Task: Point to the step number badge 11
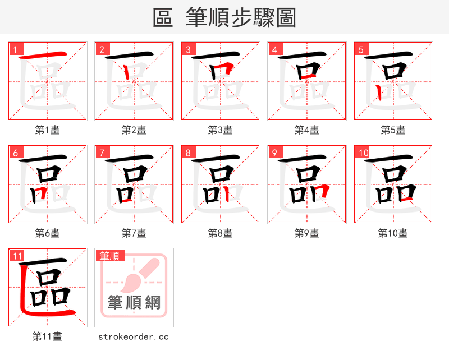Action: (17, 256)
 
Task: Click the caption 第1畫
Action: (48, 130)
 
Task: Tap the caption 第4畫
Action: (307, 130)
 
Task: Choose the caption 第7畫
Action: (134, 233)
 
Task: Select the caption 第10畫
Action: (393, 233)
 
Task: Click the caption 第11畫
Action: (48, 336)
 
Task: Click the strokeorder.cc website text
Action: (134, 336)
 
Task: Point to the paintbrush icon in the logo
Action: (137, 275)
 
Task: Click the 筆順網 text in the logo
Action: (134, 303)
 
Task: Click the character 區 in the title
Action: (163, 18)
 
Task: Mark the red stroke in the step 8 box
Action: (225, 193)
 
